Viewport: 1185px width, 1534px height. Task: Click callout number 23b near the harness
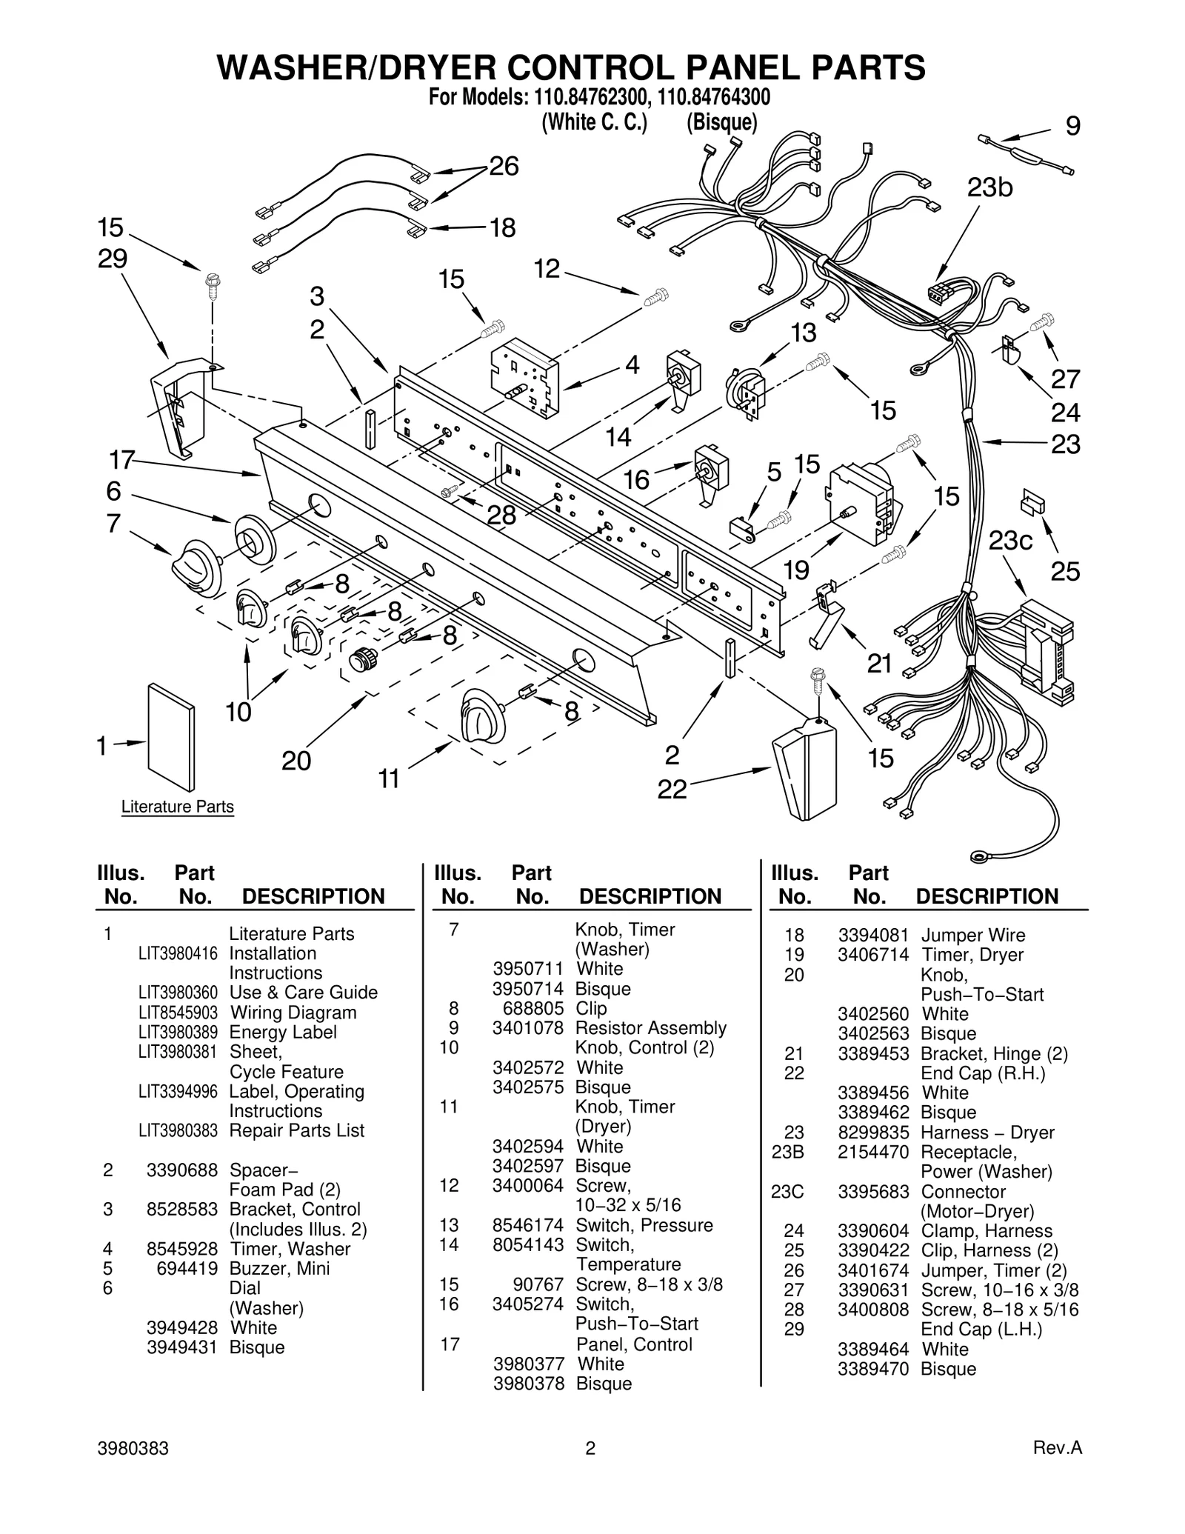tap(989, 188)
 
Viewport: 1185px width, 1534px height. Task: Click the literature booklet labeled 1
tap(171, 737)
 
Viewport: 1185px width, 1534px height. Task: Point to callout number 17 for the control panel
tap(121, 460)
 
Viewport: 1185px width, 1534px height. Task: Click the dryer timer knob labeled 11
tap(482, 714)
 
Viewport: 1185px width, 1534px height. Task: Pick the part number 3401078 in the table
tap(527, 1028)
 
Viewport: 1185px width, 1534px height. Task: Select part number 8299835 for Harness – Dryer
tap(873, 1133)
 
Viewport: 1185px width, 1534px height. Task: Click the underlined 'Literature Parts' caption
tap(177, 807)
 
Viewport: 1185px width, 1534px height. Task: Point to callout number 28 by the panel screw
tap(501, 515)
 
